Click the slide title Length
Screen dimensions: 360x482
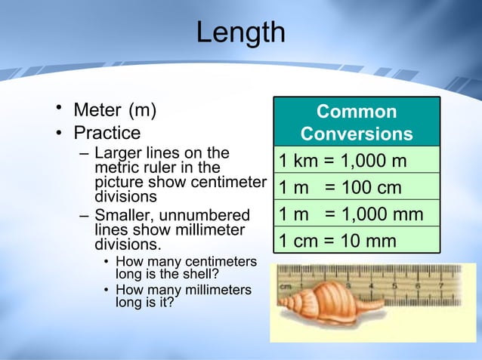[240, 32]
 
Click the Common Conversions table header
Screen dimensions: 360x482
[356, 123]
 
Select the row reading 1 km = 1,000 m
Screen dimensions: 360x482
[343, 162]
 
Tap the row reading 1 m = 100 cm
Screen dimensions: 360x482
[340, 188]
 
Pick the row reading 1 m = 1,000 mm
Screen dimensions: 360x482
[351, 214]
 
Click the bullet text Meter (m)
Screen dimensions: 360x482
[115, 111]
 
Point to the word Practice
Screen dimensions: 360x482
[107, 134]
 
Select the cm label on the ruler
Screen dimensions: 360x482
[286, 287]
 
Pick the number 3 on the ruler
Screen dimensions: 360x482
[348, 287]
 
